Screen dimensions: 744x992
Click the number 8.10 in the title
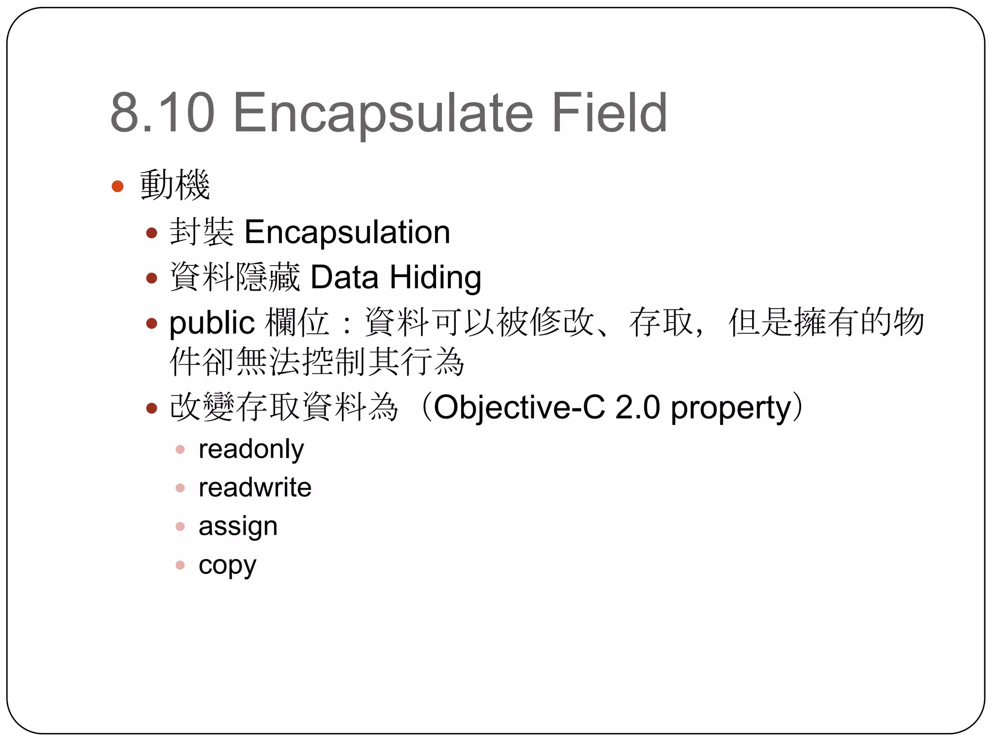coord(162,113)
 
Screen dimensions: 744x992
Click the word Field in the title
coord(609,113)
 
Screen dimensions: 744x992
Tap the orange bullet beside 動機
coord(118,186)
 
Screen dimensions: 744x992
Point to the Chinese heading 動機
coord(175,185)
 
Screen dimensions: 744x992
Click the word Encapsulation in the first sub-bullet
coord(347,232)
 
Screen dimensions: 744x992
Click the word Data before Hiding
coord(344,278)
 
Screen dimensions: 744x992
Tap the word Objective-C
coord(519,407)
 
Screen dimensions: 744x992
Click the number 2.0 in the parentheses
coord(637,407)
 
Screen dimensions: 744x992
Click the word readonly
coord(251,449)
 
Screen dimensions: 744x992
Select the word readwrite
coord(255,488)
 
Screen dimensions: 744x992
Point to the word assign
coord(238,527)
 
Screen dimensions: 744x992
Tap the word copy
coord(227,565)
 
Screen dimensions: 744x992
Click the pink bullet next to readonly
coord(180,449)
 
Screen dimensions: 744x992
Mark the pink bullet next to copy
coord(180,565)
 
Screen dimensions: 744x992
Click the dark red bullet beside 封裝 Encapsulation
coord(152,233)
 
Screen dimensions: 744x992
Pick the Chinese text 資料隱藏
coord(235,278)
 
